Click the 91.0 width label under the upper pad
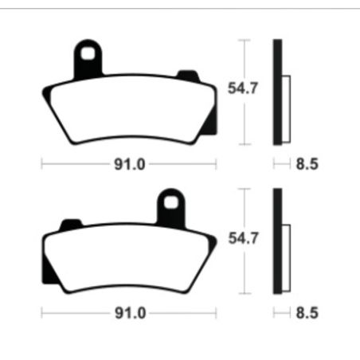coord(129,166)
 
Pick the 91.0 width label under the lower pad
coord(129,313)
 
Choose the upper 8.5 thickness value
coord(307,166)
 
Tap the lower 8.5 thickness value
coord(307,313)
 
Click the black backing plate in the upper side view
coord(277,92)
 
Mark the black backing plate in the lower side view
coord(277,240)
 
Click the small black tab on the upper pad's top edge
coord(188,76)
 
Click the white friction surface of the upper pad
coord(127,112)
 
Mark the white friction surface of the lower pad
coord(127,259)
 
